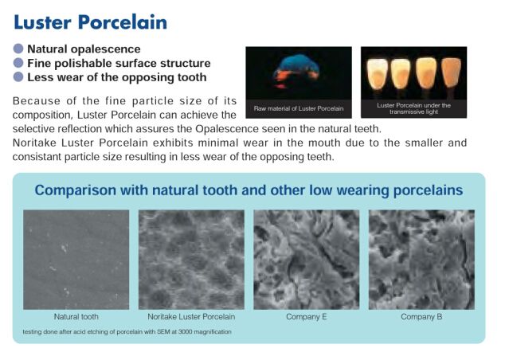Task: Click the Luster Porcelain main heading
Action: point(91,22)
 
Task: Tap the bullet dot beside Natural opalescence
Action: point(18,49)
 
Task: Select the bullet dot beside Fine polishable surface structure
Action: point(18,63)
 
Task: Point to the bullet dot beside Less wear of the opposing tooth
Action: point(18,77)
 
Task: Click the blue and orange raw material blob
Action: point(296,71)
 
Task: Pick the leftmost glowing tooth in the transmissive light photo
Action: point(378,74)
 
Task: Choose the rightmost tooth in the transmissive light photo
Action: point(451,73)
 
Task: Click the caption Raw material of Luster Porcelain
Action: point(299,108)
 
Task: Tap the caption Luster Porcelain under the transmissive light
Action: point(414,108)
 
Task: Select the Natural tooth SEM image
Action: point(76,260)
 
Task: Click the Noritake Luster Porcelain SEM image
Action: point(191,260)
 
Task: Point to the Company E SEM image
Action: point(307,260)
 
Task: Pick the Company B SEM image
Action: point(421,260)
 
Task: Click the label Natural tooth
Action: point(76,317)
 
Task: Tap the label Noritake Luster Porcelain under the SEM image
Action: point(191,317)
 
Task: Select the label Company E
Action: point(307,317)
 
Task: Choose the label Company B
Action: point(421,317)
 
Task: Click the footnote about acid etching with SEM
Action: point(127,331)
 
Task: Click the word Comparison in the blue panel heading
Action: point(75,190)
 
